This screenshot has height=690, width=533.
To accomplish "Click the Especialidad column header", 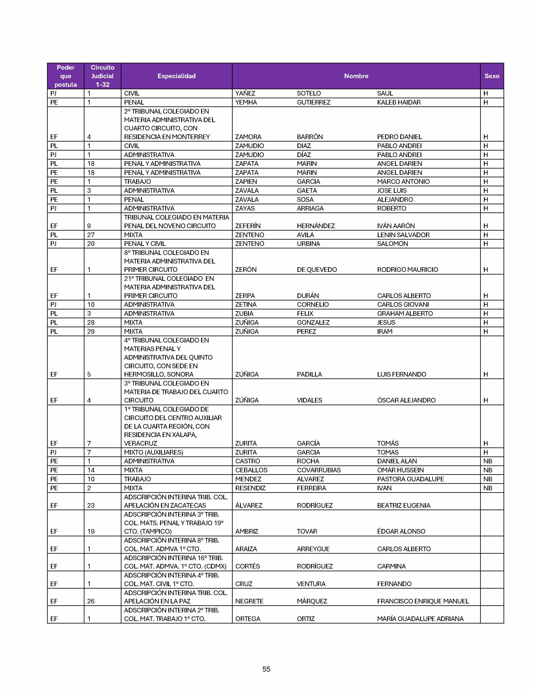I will click(176, 76).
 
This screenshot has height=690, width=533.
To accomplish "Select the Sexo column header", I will click(492, 76).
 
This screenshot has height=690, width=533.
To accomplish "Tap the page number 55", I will click(266, 669).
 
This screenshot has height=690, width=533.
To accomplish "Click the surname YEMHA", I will click(246, 102).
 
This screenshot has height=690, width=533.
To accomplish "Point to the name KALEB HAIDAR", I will click(399, 102).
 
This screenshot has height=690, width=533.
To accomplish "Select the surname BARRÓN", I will click(310, 137).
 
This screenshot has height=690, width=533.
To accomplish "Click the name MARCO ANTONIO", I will click(403, 182).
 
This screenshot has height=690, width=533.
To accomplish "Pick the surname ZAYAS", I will click(245, 208).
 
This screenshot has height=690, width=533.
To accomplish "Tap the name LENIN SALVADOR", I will click(403, 235).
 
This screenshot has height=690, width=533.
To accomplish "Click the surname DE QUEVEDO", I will click(317, 270).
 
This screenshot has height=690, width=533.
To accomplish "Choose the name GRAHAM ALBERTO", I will click(405, 314).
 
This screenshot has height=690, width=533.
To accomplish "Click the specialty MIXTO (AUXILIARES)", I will click(153, 452).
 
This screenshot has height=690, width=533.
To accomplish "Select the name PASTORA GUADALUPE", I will click(411, 479).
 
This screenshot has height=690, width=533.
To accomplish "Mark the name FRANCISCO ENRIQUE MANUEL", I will click(423, 601).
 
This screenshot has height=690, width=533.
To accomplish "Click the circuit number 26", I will click(91, 601).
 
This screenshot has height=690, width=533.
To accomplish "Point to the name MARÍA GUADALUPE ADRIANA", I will click(420, 619).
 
